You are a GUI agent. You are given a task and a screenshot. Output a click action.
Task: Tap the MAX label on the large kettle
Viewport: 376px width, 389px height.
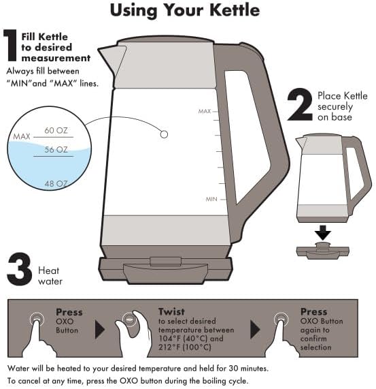(205, 111)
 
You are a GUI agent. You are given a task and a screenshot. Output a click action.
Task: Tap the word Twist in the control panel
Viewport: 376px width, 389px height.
(171, 311)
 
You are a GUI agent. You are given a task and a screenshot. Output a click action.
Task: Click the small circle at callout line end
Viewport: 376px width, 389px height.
(164, 135)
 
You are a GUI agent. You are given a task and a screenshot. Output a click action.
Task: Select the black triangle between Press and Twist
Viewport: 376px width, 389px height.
(100, 330)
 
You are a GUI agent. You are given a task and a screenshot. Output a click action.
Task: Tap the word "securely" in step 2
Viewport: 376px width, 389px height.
(337, 107)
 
